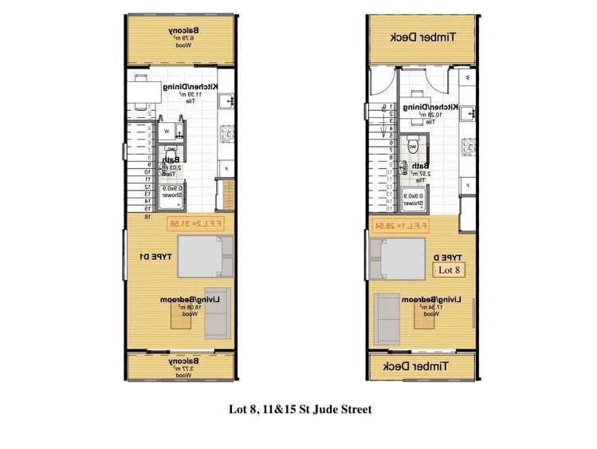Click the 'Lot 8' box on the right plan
pos(450,270)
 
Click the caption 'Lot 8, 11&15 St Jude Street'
pos(299,410)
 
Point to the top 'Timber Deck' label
pos(424,37)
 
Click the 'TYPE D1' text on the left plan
pos(154,257)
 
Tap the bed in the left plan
pos(205,256)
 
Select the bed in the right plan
pos(404,259)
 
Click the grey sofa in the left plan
pos(217,312)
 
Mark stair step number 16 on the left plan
pos(147,215)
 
